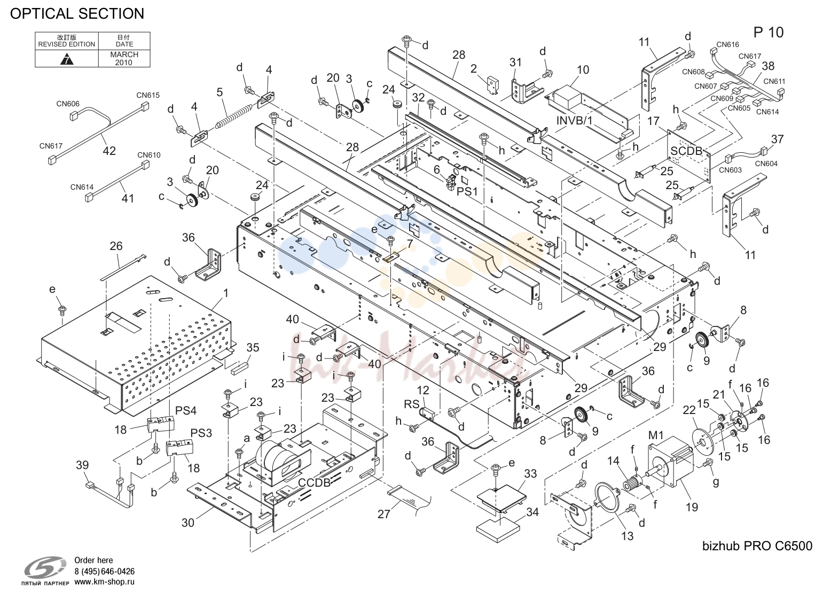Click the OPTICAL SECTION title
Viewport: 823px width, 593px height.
(x=77, y=14)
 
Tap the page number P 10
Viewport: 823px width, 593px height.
(x=768, y=33)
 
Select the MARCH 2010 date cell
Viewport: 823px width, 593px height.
(x=124, y=58)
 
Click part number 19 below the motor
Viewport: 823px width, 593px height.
(x=692, y=508)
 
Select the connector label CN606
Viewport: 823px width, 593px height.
(x=68, y=104)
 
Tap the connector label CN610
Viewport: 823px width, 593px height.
(x=149, y=155)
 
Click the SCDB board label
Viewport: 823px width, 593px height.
(x=686, y=151)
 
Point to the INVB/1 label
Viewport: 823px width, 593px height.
(x=575, y=120)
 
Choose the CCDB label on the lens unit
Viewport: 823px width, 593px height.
(x=314, y=483)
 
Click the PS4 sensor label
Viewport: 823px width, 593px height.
(x=185, y=410)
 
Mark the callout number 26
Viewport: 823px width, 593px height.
(x=116, y=246)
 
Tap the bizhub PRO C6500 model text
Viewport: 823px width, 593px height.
(x=757, y=547)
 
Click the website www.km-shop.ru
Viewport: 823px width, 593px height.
(x=104, y=582)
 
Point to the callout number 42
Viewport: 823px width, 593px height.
(x=109, y=151)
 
